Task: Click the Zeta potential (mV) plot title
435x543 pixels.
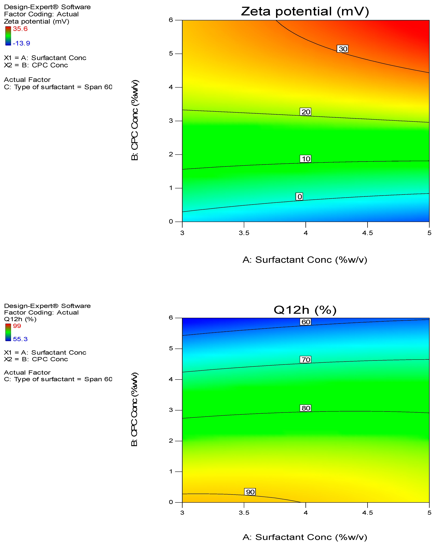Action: click(x=305, y=12)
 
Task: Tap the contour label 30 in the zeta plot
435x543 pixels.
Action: click(x=343, y=49)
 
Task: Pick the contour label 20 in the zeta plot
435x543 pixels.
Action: click(x=305, y=112)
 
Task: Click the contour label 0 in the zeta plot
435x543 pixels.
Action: click(x=299, y=196)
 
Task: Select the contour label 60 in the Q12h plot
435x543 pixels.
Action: click(x=305, y=322)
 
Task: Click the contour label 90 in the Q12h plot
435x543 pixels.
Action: click(x=250, y=492)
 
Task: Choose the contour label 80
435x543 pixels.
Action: click(x=305, y=408)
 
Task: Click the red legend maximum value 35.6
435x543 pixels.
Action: click(x=20, y=29)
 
